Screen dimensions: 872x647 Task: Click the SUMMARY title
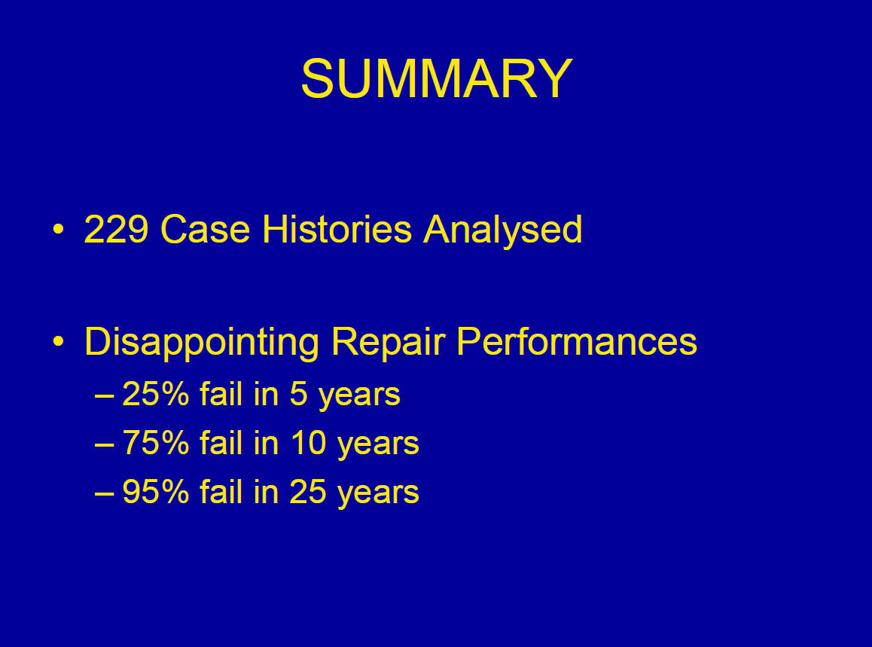(437, 78)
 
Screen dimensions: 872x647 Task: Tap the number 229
(116, 229)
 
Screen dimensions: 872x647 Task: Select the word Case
(206, 229)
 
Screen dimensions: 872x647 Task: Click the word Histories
(337, 229)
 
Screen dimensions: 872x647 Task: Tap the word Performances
(577, 341)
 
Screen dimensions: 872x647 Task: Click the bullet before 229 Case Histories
(59, 229)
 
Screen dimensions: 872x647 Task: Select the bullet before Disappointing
(59, 341)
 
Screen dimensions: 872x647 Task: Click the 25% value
(156, 394)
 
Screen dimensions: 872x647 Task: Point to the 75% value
(156, 443)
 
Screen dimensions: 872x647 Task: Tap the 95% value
(156, 492)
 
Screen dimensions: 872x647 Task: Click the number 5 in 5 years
(299, 394)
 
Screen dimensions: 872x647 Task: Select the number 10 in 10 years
(308, 443)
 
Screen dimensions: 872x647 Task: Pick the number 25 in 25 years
(308, 492)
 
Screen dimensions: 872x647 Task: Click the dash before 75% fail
(105, 445)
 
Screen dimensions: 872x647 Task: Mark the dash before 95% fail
(105, 494)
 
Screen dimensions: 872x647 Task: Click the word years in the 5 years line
(359, 397)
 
